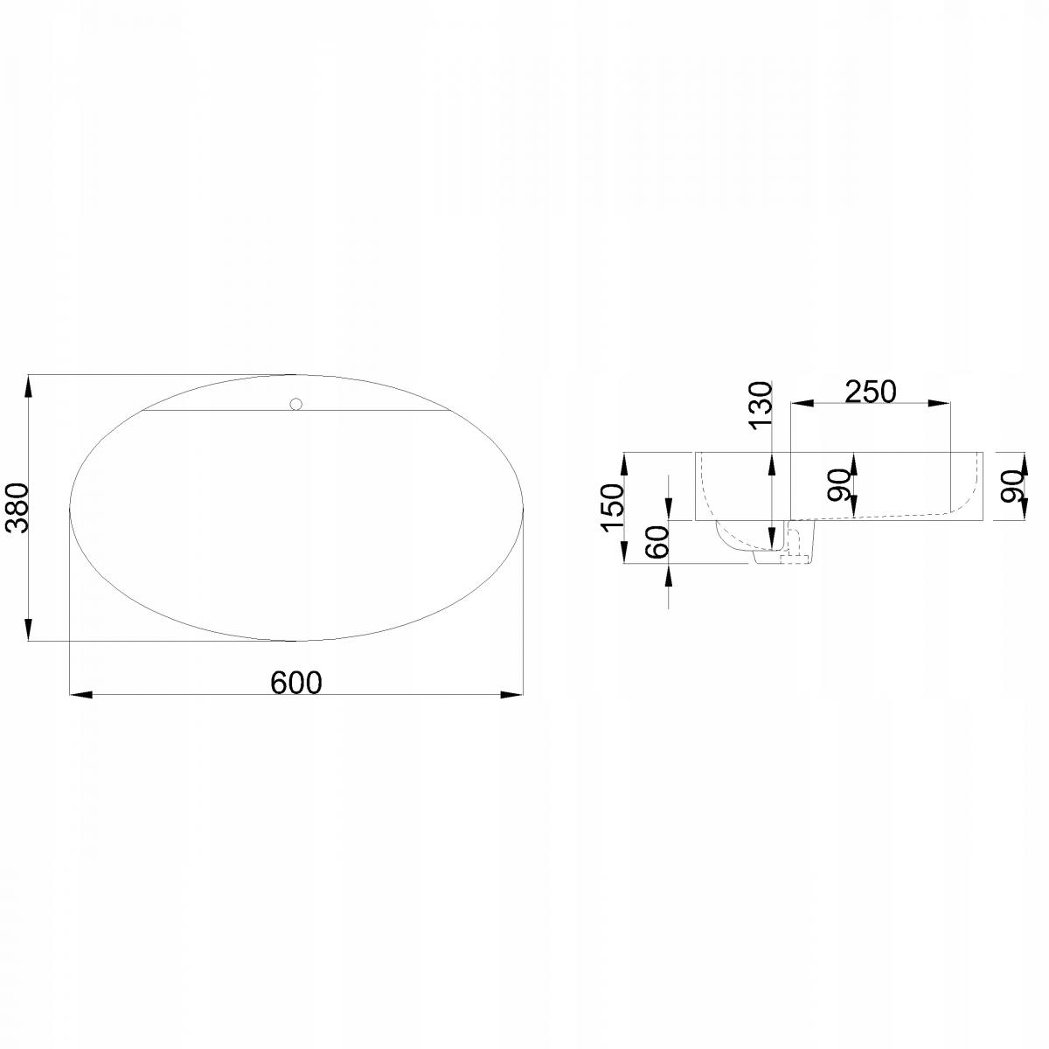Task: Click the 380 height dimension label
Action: point(17,508)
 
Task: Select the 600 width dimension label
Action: point(296,683)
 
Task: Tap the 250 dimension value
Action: point(870,392)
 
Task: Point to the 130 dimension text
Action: point(761,406)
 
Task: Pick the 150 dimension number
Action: point(611,507)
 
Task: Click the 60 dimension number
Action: point(656,542)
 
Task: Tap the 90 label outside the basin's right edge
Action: point(1012,485)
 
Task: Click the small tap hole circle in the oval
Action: point(296,404)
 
